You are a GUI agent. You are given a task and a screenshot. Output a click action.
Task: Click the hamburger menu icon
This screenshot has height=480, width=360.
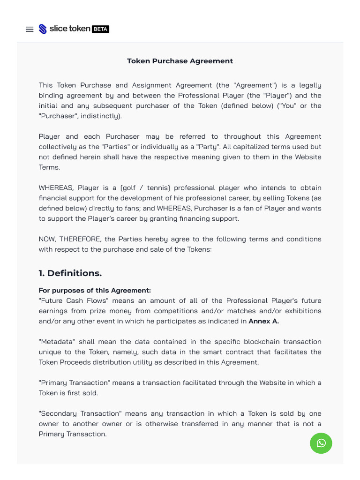(x=30, y=29)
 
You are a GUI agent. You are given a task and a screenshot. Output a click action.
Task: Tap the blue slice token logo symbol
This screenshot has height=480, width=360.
(x=43, y=29)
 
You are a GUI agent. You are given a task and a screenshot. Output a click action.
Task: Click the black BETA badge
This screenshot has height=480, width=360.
(x=100, y=29)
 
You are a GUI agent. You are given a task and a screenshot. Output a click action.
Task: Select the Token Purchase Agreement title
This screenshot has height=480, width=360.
(x=180, y=61)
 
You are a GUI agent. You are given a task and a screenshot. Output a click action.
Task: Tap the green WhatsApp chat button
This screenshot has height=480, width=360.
(x=321, y=443)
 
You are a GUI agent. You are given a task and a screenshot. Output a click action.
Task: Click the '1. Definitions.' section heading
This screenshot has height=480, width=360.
(x=70, y=273)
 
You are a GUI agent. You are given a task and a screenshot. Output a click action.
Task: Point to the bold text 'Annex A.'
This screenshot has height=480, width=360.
(x=263, y=321)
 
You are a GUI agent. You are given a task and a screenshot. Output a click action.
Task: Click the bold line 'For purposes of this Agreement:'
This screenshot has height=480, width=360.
(x=95, y=291)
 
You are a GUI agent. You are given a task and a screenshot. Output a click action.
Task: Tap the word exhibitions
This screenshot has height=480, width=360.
(x=300, y=311)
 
